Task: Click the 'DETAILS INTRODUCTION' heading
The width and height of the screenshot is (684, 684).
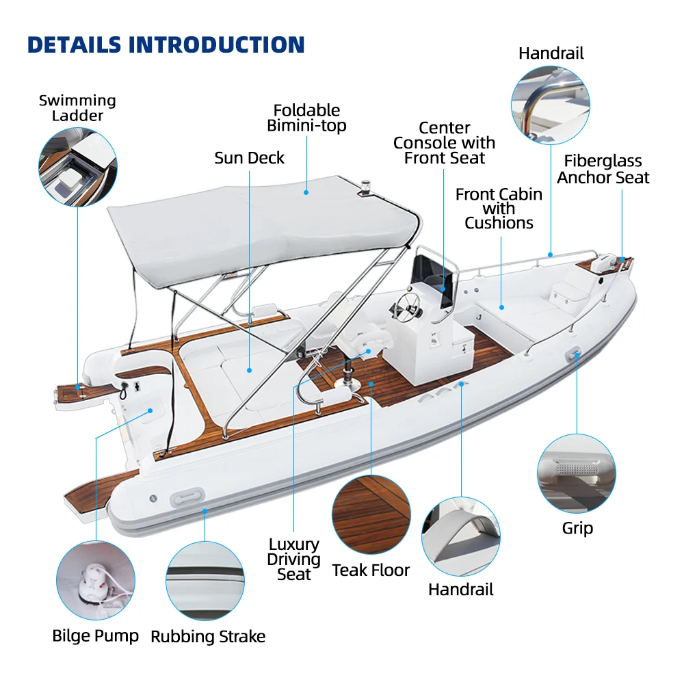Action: [166, 44]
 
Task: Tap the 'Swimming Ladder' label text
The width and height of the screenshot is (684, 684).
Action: [77, 108]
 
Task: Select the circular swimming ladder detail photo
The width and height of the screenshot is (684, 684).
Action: [77, 168]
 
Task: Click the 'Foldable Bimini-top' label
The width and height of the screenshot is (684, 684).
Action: [306, 118]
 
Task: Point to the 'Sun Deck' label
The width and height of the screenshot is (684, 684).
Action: [249, 158]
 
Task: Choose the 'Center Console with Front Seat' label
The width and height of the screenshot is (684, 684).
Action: [444, 143]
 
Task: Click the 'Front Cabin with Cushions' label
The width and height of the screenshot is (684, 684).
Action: [499, 209]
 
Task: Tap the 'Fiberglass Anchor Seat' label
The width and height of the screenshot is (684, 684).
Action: [603, 170]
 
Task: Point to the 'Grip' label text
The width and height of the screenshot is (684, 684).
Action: [577, 528]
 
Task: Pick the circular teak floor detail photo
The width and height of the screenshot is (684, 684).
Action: [371, 514]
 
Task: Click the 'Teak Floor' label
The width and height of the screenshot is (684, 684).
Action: [371, 570]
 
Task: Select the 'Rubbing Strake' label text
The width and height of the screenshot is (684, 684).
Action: [208, 637]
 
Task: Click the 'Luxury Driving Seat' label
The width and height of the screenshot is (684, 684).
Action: [293, 560]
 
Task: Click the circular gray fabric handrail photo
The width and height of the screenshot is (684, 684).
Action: [460, 536]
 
